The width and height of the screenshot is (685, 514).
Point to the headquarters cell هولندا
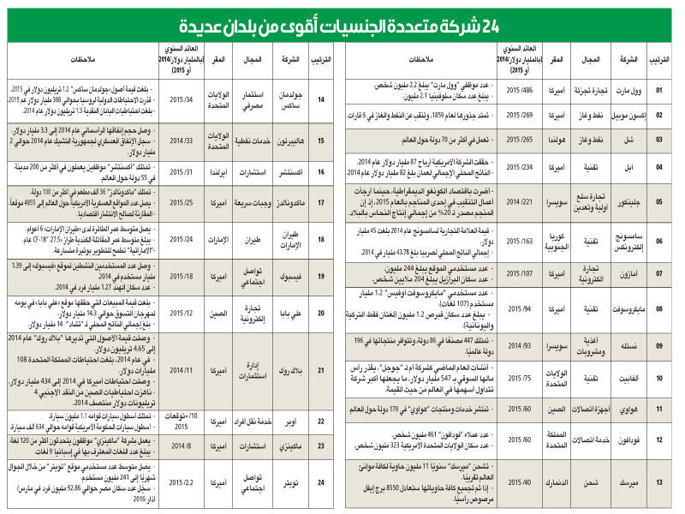click(x=558, y=136)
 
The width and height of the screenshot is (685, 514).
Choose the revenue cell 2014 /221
click(x=514, y=202)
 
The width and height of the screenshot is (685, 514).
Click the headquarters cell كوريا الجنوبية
click(x=558, y=242)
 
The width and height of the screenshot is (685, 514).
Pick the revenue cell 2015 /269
click(x=514, y=112)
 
